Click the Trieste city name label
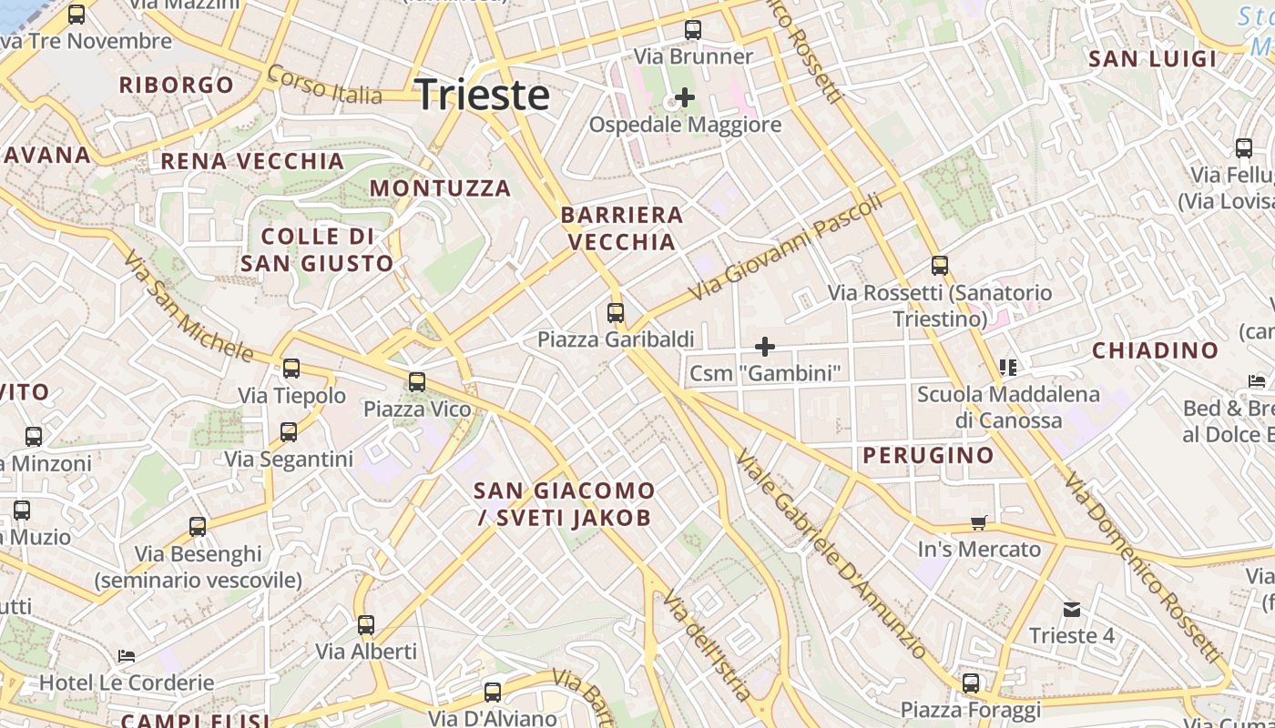483,95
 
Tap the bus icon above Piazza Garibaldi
616,313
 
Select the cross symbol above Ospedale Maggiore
685,97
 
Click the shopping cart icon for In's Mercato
979,522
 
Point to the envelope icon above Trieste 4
1071,609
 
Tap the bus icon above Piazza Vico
417,382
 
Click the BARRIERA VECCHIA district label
622,228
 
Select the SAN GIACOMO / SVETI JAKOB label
564,504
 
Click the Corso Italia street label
324,85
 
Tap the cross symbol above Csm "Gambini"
765,347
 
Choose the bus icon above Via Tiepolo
291,369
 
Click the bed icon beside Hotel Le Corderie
127,655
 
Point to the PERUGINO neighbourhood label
928,455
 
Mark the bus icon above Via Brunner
693,30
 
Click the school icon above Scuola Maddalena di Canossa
1007,368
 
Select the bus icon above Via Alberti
366,625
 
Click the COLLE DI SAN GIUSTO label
317,250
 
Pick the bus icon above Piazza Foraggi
971,683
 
